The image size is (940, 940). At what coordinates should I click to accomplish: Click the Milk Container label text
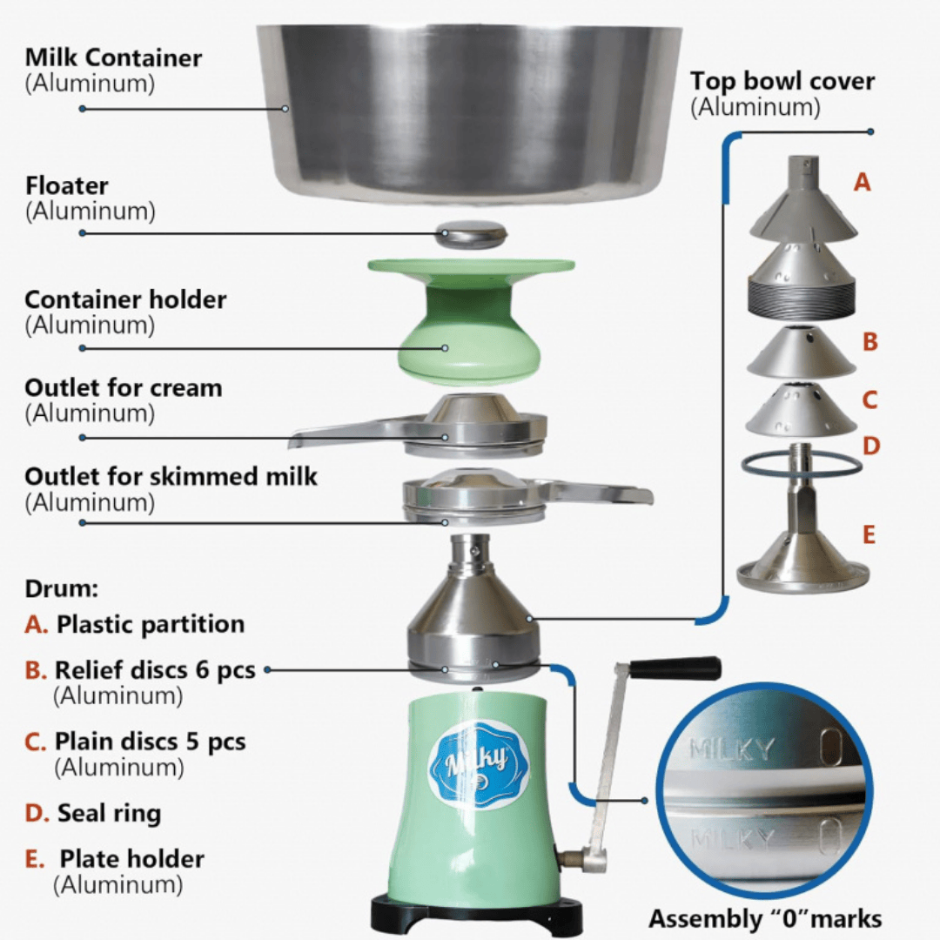pos(113,58)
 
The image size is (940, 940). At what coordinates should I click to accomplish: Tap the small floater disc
pos(471,234)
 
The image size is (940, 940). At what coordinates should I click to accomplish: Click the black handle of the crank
pos(675,668)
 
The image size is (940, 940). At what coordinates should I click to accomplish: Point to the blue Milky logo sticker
pos(478,763)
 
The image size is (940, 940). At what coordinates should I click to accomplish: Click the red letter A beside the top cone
pos(862,182)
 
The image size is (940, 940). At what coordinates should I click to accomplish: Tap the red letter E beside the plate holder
pos(868,534)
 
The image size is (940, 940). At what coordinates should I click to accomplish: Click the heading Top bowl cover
pos(782,82)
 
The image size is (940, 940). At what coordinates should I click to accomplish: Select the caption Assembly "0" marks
pos(765,918)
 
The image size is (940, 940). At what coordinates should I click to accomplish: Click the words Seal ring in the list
pos(109,814)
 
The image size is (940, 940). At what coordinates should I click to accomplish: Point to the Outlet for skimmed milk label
pos(171,476)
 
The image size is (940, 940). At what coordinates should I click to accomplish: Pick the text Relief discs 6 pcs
pos(155,670)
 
